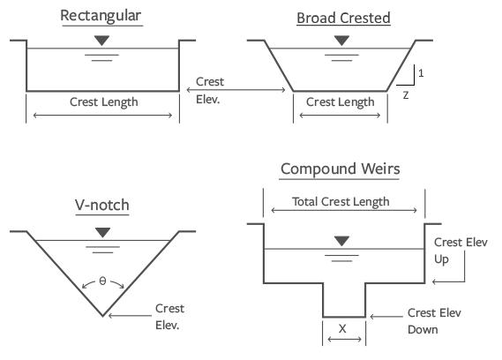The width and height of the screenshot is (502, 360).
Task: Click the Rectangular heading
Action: (101, 16)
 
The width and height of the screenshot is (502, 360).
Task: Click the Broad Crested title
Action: (343, 18)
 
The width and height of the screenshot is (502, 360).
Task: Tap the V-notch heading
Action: (102, 205)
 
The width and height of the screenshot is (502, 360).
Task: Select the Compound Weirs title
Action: (340, 169)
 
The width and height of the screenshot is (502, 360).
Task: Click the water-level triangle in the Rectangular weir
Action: (101, 41)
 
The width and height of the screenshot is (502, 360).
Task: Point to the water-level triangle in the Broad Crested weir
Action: (341, 41)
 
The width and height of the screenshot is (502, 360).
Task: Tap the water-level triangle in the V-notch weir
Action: (102, 232)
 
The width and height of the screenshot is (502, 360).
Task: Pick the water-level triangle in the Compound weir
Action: (341, 241)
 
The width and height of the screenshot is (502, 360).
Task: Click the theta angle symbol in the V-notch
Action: (102, 281)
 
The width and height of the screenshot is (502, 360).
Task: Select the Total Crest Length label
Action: (341, 202)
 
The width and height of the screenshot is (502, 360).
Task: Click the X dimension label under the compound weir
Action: (342, 328)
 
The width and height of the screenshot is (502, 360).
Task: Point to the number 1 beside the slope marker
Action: (421, 73)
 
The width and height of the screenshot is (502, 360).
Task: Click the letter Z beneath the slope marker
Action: (406, 95)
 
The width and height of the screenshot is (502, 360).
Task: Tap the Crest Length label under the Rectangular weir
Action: (104, 102)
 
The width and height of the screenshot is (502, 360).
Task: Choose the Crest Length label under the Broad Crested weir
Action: (340, 102)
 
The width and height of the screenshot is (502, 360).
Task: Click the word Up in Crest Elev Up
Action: (441, 259)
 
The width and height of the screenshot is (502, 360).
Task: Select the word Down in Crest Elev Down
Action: (423, 330)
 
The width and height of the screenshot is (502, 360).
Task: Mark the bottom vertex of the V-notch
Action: (102, 316)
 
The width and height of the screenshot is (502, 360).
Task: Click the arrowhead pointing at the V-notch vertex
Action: (110, 316)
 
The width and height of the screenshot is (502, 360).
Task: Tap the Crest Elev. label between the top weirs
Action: (210, 91)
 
